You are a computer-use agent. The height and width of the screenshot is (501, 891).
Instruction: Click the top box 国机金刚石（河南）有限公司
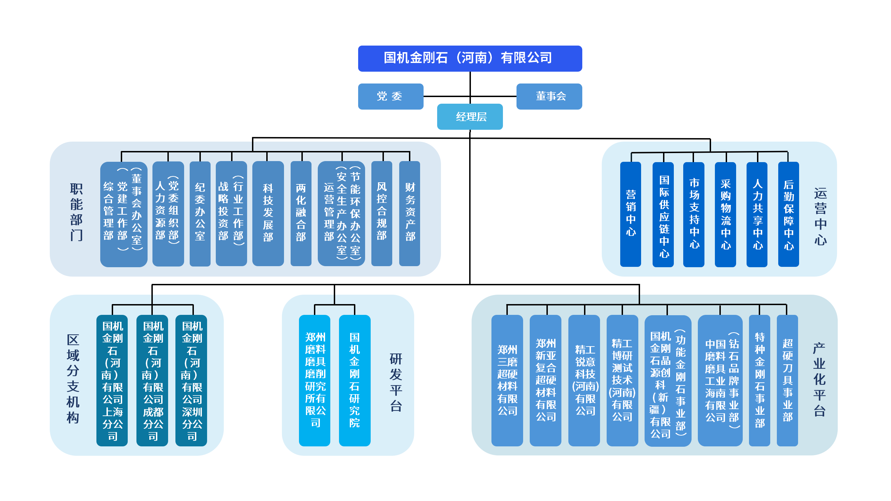point(470,58)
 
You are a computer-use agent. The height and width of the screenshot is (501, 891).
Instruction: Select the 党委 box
point(391,96)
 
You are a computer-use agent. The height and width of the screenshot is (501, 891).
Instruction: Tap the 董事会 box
point(549,96)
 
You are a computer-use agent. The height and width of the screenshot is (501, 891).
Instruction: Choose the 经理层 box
point(470,117)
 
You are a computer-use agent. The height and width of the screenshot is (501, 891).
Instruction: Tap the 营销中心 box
point(631,214)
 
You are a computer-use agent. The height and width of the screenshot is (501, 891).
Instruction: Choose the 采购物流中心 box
point(725,214)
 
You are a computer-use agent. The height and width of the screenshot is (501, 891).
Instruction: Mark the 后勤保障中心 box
point(789,214)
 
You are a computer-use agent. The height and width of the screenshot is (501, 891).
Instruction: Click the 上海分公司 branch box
point(112,381)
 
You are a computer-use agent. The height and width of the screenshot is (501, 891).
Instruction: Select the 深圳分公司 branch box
point(191,381)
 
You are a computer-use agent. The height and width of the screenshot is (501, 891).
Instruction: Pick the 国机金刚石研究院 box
point(355,381)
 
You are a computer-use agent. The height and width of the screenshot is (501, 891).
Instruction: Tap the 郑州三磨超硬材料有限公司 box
point(507,381)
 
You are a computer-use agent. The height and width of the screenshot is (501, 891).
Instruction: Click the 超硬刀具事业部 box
point(788,381)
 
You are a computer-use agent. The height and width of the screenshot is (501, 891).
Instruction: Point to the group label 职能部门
point(77,212)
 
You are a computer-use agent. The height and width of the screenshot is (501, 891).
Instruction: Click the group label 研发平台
point(396,383)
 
